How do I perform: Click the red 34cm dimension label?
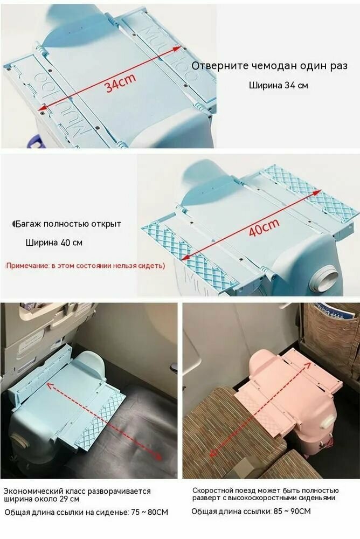(121, 83)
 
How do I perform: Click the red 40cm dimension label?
(264, 227)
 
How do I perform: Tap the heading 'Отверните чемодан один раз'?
(269, 66)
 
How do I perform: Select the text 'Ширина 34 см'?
(278, 85)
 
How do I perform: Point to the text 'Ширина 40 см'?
(54, 243)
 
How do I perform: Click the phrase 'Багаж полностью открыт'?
(68, 224)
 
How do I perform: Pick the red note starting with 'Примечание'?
(85, 265)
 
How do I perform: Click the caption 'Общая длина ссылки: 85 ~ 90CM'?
(251, 512)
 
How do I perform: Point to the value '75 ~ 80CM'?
(150, 512)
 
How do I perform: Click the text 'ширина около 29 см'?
(41, 499)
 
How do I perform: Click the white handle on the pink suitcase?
(327, 421)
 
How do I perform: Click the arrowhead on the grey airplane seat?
(157, 456)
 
